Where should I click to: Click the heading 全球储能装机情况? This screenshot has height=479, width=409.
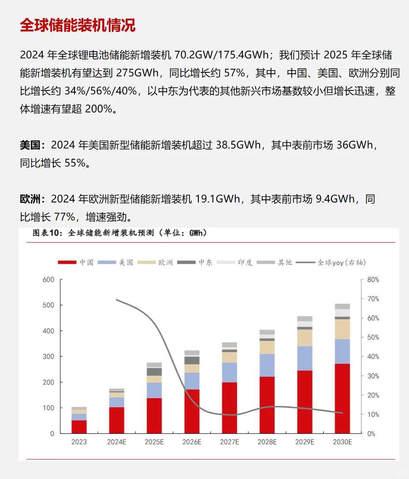pyautogui.click(x=78, y=26)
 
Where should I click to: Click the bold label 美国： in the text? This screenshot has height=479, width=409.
pyautogui.click(x=33, y=145)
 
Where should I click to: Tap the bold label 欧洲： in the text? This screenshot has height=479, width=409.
pyautogui.click(x=33, y=199)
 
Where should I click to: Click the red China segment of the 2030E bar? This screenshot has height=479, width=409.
pyautogui.click(x=342, y=398)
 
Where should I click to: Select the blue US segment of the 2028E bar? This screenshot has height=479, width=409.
pyautogui.click(x=267, y=365)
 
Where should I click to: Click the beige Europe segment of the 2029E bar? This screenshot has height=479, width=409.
pyautogui.click(x=305, y=338)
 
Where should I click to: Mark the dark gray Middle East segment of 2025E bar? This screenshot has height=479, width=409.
pyautogui.click(x=154, y=371)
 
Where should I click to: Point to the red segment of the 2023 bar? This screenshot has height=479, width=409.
pyautogui.click(x=79, y=427)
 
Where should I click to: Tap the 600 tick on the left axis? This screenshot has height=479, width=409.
pyautogui.click(x=48, y=280)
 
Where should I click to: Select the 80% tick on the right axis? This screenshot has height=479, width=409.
pyautogui.click(x=373, y=280)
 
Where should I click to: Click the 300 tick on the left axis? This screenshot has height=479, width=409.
pyautogui.click(x=48, y=356)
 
